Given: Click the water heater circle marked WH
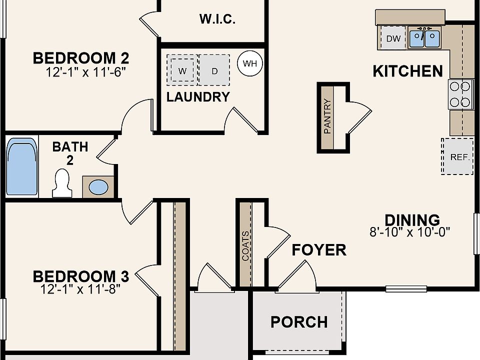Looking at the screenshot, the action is [250, 63].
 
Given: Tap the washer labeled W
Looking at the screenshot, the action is [182, 70].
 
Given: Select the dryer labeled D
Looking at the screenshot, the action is [214, 70].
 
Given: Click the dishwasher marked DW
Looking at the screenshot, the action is [393, 38].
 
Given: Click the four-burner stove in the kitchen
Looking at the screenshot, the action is [459, 94].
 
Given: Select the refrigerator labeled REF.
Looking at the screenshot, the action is [457, 156].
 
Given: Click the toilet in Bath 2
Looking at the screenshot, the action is [62, 183].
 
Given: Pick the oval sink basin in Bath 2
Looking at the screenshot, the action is [98, 186].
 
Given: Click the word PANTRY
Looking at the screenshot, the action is [327, 116].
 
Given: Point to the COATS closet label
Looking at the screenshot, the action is [245, 246].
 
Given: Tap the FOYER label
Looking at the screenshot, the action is [319, 250].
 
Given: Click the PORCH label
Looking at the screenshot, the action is [299, 322].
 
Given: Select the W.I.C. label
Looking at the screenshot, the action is [217, 19].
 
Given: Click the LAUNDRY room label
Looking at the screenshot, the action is [198, 97].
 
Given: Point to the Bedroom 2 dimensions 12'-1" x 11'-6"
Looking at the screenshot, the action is [85, 72].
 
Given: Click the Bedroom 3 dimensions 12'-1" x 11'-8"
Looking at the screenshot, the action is [80, 288].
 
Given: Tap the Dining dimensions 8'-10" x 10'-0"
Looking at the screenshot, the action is [410, 231].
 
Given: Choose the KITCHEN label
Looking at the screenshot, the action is [408, 71].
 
